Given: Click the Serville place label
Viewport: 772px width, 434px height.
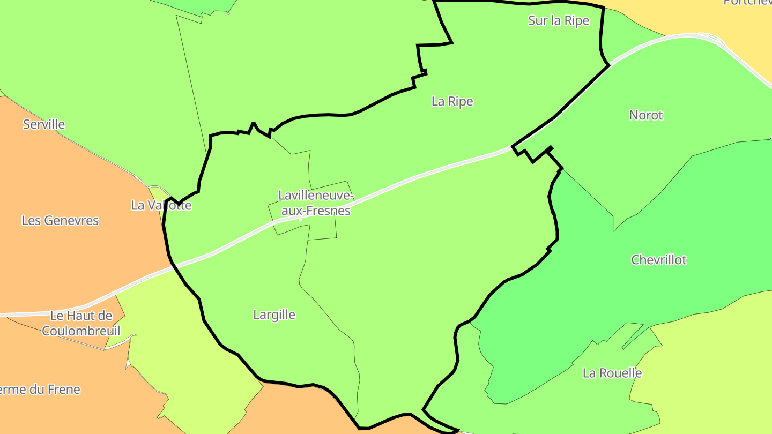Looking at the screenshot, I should pos(44,124).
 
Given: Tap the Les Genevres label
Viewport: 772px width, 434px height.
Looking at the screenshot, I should pos(60,220).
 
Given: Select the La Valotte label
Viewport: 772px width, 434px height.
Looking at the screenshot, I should pos(161,205).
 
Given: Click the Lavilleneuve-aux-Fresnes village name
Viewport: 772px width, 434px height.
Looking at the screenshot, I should pos(315,203).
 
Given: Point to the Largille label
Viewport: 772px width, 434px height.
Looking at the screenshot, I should pos(274,315).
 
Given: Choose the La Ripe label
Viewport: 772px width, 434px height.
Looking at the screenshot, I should pos(452,101).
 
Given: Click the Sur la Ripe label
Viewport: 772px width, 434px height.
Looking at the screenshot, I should pos(559,20).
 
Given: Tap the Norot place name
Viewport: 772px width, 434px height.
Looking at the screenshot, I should pos(646,115).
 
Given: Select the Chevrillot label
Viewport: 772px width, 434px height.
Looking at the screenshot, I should pos(658,260).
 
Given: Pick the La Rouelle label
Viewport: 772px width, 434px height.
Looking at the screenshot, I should pos(612,373).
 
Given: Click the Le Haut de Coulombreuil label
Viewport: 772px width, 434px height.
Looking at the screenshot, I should pos(81,323).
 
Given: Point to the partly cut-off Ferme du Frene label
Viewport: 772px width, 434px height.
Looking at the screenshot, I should pos(40,390).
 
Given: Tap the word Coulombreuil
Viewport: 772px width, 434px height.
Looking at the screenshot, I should pos(81,331).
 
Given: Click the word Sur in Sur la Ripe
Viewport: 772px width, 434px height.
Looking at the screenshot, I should pos(538,20).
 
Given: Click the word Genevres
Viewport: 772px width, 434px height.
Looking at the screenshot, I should pos(70,220).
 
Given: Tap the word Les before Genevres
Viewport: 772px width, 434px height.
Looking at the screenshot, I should pos(31,220).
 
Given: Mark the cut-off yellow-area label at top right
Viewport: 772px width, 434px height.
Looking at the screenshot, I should pos(747,2).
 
